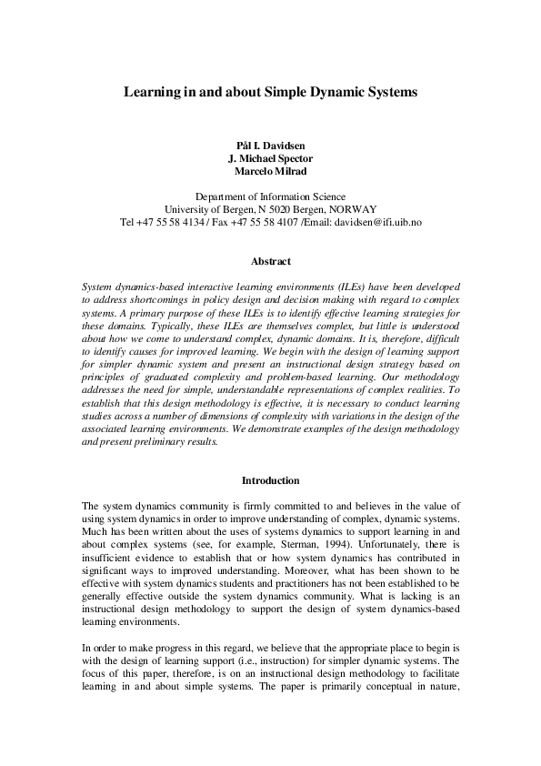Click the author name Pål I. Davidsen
point(270,146)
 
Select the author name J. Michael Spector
point(270,159)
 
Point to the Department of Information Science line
point(270,197)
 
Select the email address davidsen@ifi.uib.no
point(377,222)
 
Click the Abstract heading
point(270,262)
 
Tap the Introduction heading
point(270,480)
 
